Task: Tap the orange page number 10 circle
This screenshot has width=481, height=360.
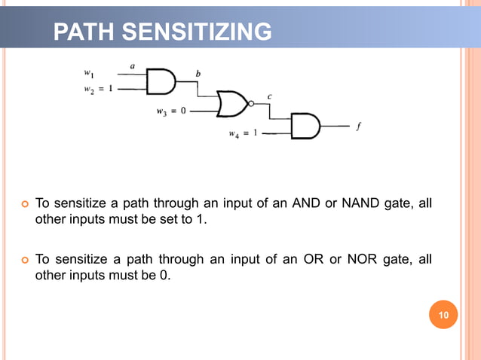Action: [x=443, y=315]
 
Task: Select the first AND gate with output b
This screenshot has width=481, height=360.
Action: [x=160, y=81]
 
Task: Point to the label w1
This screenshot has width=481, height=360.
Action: [x=89, y=73]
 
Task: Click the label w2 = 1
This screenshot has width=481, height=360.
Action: [x=98, y=89]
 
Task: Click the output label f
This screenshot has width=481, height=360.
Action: [x=357, y=127]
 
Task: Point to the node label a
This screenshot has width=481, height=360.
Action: [x=132, y=66]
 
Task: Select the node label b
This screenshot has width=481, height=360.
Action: [x=198, y=73]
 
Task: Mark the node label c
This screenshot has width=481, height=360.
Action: [x=270, y=96]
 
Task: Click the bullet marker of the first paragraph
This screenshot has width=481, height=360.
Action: [x=23, y=204]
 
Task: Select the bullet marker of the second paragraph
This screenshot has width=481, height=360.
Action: [x=23, y=260]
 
